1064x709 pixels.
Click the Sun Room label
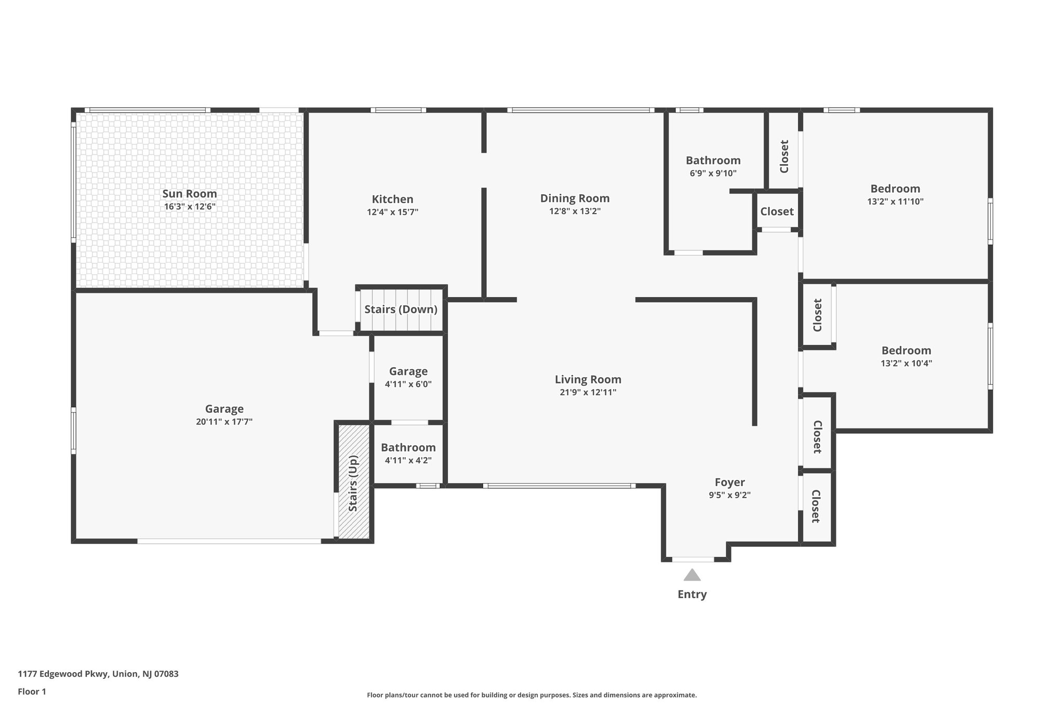point(190,194)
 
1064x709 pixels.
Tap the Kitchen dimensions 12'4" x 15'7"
point(392,212)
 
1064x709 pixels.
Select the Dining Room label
point(575,198)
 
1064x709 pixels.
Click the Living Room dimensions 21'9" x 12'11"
point(588,392)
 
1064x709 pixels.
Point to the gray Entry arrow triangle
point(691,575)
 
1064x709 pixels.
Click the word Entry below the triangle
point(691,594)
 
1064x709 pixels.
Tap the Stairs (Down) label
point(401,310)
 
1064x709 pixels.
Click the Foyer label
point(729,482)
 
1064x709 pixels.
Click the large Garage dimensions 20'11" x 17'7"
point(224,422)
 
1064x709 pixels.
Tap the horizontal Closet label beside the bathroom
point(777,211)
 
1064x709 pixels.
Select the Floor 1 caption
point(32,691)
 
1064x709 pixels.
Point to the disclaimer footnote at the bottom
point(531,695)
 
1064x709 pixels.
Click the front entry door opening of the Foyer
point(693,559)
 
